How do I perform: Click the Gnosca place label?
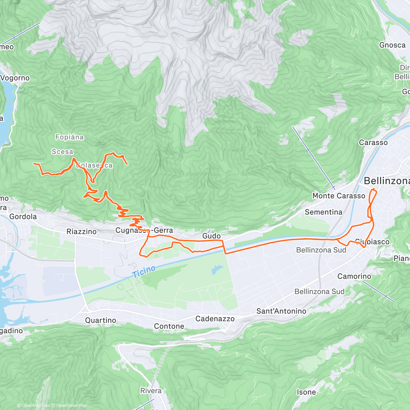(392, 45)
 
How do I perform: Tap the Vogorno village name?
(15, 78)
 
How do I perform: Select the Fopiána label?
(69, 137)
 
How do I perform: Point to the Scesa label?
(63, 151)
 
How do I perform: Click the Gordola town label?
(23, 216)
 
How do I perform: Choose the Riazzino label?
(81, 231)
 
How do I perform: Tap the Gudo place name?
(211, 236)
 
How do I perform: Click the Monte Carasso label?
(339, 196)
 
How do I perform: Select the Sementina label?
(323, 212)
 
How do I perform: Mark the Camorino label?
(354, 276)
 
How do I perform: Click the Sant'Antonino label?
(281, 311)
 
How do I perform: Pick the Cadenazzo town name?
(215, 319)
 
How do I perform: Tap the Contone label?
(169, 326)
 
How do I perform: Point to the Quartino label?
(100, 320)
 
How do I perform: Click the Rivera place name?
(151, 391)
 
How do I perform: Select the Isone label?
(306, 392)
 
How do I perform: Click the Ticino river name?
(144, 271)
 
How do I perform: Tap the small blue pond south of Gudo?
(215, 270)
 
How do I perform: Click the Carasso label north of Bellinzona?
(373, 142)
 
